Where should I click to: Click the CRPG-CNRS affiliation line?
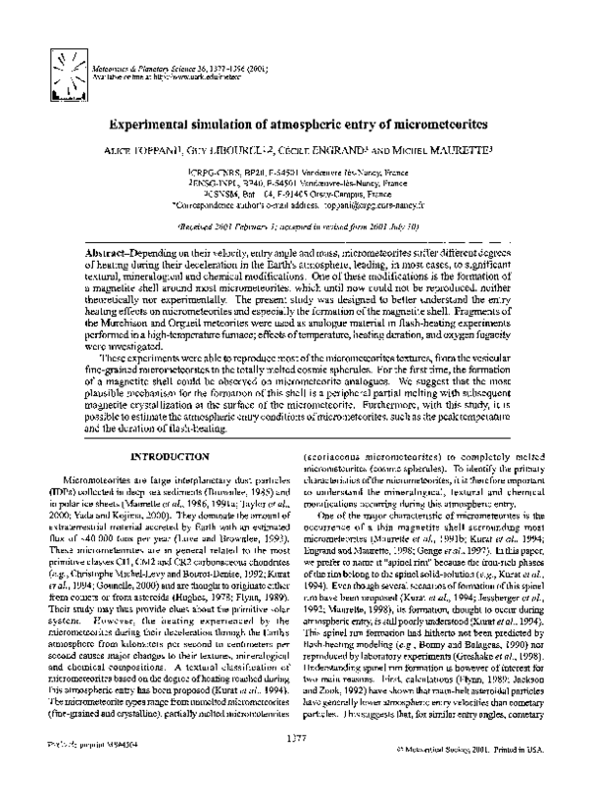(x=296, y=172)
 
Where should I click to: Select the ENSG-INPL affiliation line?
(x=296, y=183)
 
